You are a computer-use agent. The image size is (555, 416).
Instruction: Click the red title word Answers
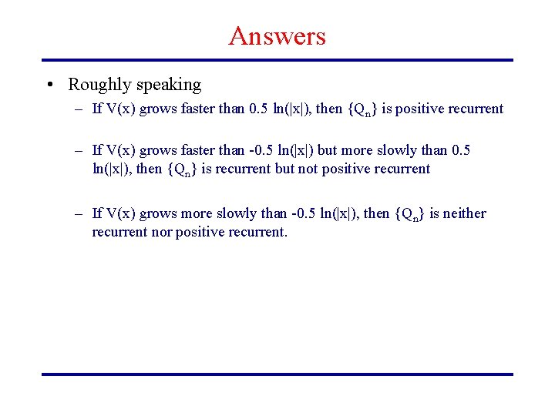[x=277, y=35]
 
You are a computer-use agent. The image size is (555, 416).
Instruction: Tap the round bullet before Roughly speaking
[x=49, y=85]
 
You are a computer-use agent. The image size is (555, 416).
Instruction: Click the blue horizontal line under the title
[x=277, y=60]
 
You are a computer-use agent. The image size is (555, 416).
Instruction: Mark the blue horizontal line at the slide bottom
[x=277, y=374]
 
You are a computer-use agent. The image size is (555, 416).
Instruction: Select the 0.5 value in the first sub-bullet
[x=259, y=109]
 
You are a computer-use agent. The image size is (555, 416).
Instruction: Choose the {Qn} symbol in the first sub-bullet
[x=362, y=109]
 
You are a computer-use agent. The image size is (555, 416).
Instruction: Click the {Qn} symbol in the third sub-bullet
[x=410, y=214]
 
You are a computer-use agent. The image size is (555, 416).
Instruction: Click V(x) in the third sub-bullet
[x=121, y=213]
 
